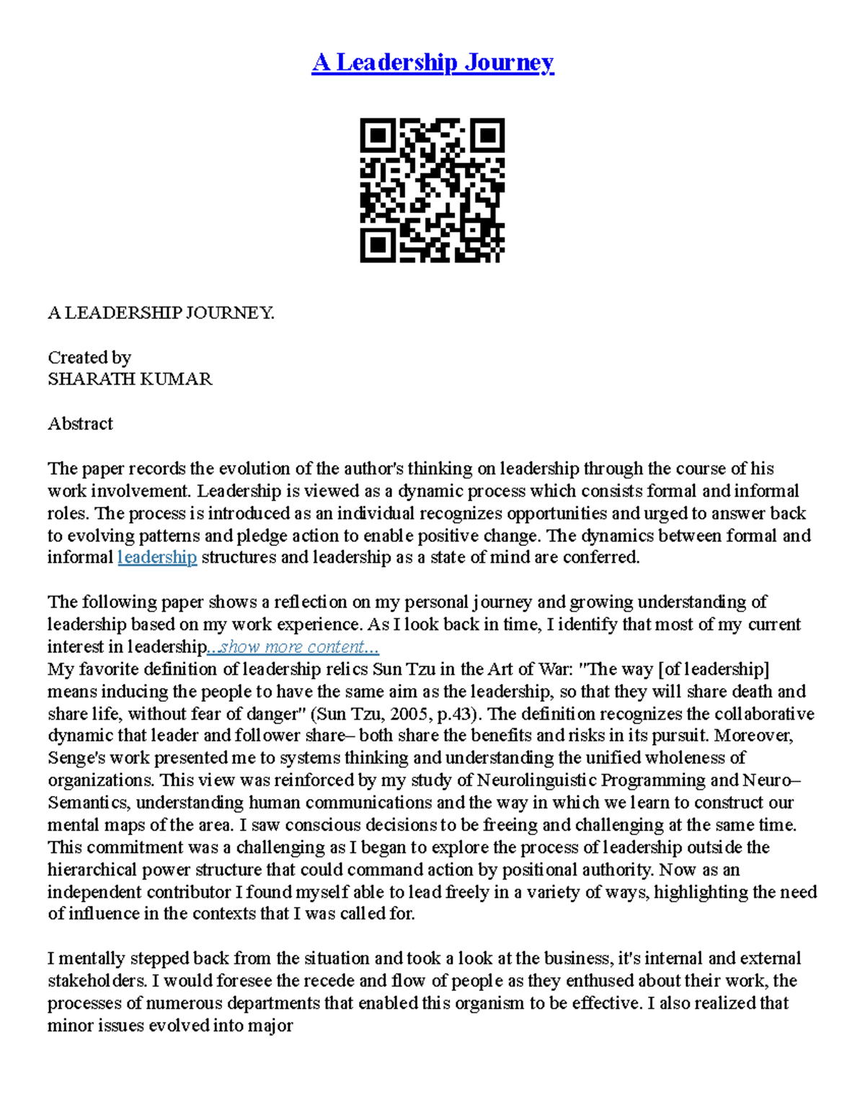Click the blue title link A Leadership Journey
432,63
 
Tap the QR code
432,190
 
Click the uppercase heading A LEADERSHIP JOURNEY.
161,313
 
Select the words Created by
89,358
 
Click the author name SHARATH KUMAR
130,379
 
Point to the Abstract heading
80,424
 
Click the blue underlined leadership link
157,557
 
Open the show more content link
293,647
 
